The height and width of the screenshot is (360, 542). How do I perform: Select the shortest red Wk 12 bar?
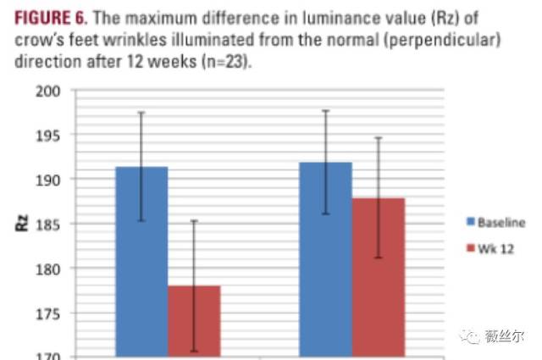point(194,321)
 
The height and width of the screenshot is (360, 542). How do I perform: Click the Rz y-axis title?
point(23,224)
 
